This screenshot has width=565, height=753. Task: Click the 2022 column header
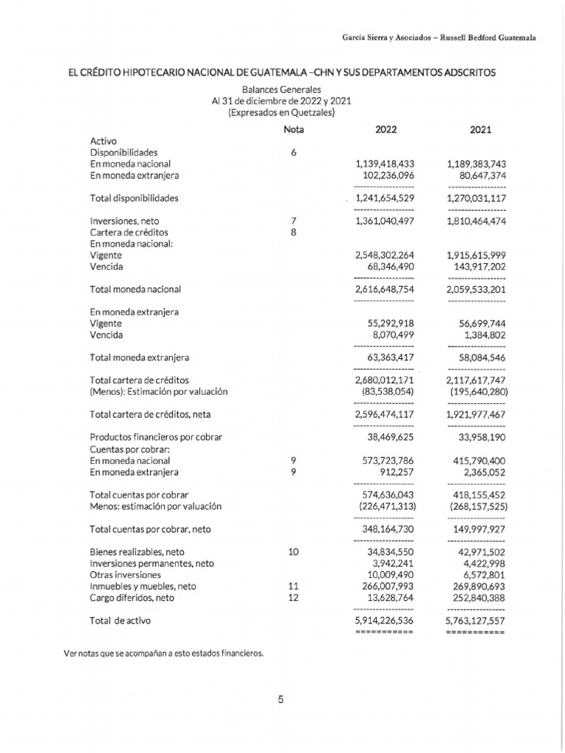click(385, 129)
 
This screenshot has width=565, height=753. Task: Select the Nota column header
click(294, 129)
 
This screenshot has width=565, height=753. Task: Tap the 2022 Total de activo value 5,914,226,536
click(384, 621)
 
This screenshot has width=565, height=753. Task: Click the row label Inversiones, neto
click(124, 221)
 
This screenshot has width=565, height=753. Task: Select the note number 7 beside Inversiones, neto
click(294, 221)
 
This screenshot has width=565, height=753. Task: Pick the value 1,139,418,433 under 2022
click(385, 164)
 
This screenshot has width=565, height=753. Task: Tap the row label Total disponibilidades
click(134, 199)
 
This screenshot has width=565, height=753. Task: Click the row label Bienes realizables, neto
click(137, 552)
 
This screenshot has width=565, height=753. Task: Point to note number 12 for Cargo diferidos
click(294, 598)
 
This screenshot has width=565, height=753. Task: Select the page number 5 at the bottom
click(280, 699)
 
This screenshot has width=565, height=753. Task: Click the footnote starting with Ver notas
click(164, 653)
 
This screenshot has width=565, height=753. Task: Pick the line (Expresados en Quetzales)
click(282, 113)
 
